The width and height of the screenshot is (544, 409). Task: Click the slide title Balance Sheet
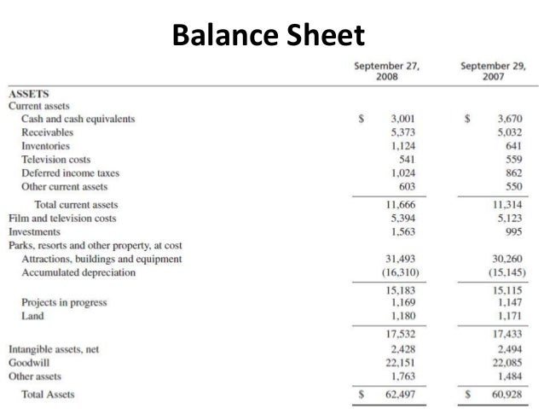tap(267, 36)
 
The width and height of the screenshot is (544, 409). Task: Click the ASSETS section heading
tap(28, 94)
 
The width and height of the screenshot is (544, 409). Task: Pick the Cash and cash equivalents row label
tap(78, 120)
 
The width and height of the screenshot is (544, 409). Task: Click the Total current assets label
tap(76, 205)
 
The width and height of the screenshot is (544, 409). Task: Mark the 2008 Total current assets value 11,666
tap(398, 205)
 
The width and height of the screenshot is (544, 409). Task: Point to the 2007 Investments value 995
tap(511, 231)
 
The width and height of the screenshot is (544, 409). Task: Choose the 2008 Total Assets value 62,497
tap(398, 395)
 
